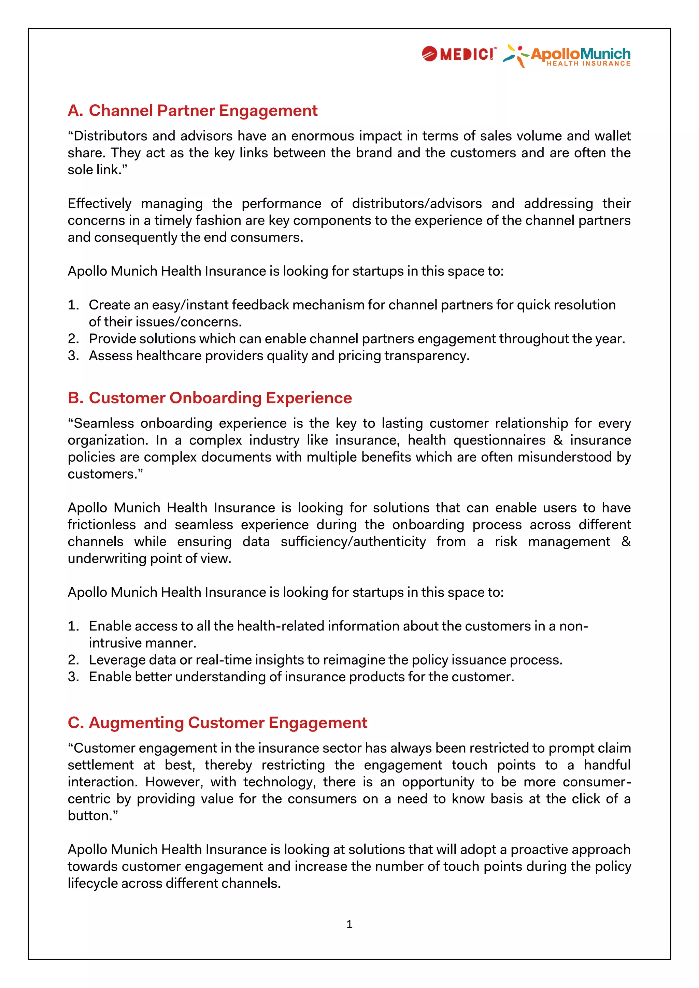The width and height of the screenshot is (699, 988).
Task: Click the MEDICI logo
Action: pos(459,54)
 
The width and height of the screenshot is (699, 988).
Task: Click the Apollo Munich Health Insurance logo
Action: pos(567,56)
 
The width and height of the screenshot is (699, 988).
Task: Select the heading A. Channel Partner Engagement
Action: pos(192,111)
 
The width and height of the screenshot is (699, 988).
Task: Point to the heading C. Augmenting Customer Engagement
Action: pos(217,723)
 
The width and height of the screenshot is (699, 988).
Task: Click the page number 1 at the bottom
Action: pos(349,924)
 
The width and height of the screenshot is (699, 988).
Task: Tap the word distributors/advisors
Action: pos(417,204)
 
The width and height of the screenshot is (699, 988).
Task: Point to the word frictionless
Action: pos(102,525)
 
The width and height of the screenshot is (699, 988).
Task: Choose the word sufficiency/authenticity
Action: pos(353,541)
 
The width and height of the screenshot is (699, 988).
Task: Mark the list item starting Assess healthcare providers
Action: pos(279,356)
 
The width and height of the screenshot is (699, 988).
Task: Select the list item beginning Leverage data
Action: pos(325,660)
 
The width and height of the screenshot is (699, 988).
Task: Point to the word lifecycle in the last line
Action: pos(92,883)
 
